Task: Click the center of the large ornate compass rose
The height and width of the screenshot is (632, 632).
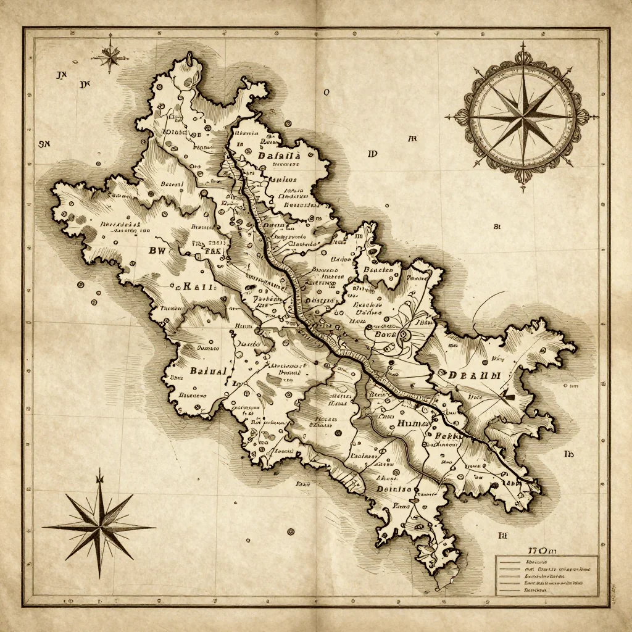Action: [x=522, y=115]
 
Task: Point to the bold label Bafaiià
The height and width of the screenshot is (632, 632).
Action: [x=276, y=157]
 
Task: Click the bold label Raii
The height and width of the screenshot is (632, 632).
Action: [x=197, y=286]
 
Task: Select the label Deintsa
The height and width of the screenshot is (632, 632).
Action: [x=393, y=488]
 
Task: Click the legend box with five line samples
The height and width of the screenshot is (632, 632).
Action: [x=546, y=575]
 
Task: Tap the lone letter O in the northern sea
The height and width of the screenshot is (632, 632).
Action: [x=326, y=93]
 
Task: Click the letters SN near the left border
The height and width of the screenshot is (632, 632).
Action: [x=44, y=144]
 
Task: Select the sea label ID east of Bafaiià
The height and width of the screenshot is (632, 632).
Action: [x=371, y=154]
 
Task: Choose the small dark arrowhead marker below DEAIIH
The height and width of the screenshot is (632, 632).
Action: [x=509, y=394]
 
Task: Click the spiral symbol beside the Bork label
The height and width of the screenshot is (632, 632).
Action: [x=405, y=335]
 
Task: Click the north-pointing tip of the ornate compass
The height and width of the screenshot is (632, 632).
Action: [x=522, y=44]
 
